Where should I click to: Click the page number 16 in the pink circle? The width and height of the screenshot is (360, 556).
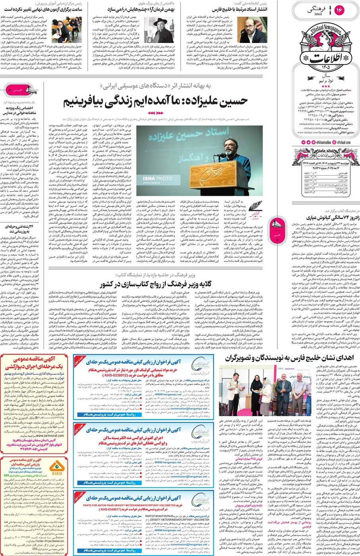coord(339,10)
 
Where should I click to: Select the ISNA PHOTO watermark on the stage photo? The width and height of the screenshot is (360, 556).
coord(158,179)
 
